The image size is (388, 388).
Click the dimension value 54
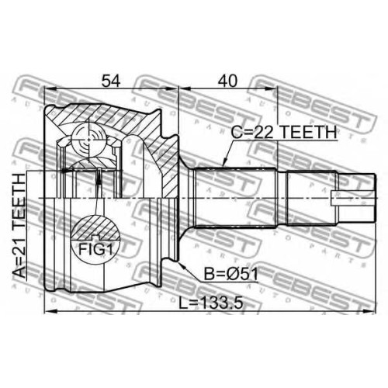tap(111, 81)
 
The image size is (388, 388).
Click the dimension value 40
tap(227, 81)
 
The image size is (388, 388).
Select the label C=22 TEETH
tap(284, 133)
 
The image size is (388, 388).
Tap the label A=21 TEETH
tap(20, 225)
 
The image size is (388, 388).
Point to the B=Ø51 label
tap(231, 274)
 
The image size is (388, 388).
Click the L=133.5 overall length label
tap(211, 303)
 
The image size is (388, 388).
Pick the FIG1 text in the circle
tap(95, 249)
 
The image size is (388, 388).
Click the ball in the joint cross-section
tap(89, 140)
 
